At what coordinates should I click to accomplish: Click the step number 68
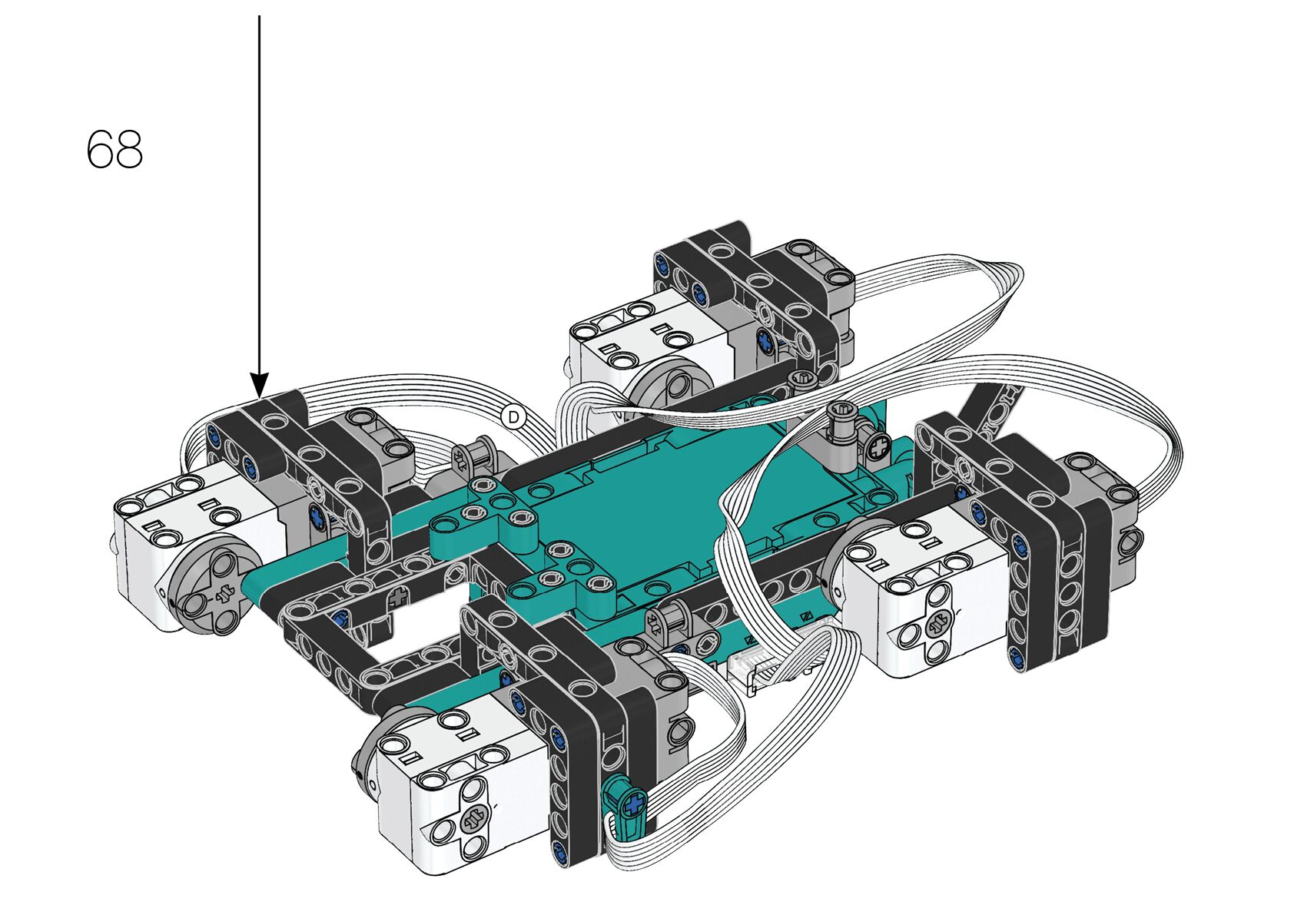point(114,150)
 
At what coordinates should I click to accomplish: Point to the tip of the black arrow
point(260,398)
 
